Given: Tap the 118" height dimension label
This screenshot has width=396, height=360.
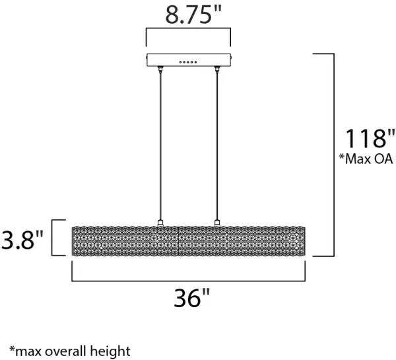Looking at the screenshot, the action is (370, 138).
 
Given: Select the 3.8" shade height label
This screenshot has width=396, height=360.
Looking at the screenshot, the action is (22, 239).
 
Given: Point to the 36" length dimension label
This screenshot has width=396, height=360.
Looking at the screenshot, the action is (192, 297).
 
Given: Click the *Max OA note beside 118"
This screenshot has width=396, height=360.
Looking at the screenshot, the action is (366, 159).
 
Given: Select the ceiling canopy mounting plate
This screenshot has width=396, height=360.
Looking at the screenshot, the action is (189, 60).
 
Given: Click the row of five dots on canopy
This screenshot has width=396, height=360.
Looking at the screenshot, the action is (188, 62).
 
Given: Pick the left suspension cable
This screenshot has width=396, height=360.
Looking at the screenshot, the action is (160, 146).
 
